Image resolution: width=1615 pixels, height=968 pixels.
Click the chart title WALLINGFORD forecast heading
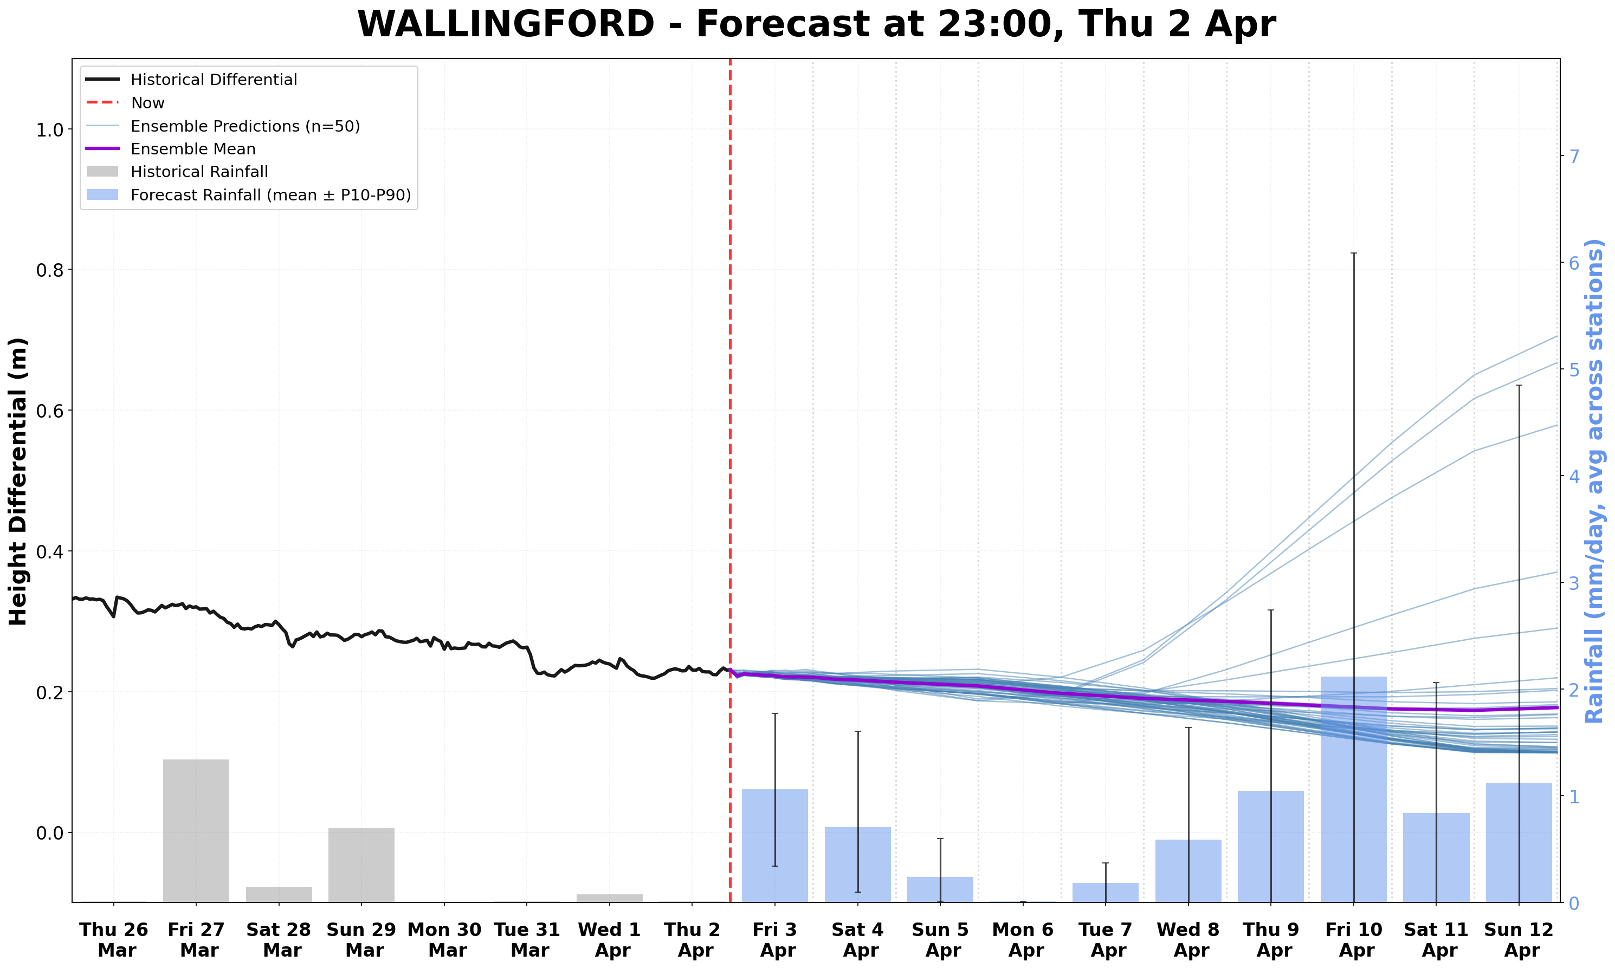(x=816, y=25)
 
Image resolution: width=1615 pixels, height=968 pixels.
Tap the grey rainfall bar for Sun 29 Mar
(x=361, y=865)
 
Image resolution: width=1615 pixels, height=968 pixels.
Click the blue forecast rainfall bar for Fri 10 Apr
(x=1353, y=789)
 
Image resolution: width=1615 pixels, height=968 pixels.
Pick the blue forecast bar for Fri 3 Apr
(x=774, y=846)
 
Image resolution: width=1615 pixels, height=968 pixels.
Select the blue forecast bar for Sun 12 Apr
(x=1519, y=842)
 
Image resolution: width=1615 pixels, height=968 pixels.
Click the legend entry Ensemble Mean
(x=192, y=150)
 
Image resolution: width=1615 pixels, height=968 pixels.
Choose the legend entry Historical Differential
(x=214, y=80)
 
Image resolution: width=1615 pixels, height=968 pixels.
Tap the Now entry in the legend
(x=147, y=103)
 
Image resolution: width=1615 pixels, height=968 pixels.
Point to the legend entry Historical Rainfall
(x=199, y=172)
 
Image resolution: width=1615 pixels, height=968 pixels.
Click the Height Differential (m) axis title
(x=18, y=482)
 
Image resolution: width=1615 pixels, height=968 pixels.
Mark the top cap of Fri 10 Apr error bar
(x=1353, y=253)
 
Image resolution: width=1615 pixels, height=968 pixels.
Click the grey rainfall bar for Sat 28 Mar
(x=279, y=894)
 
